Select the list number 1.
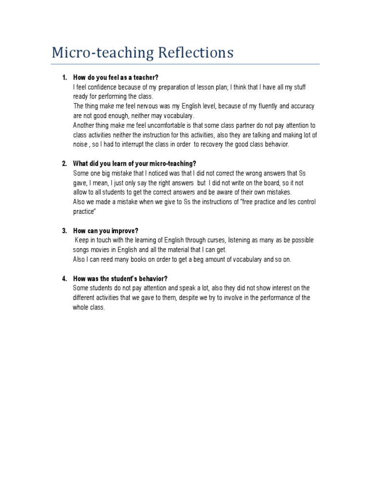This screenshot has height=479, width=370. tap(65, 78)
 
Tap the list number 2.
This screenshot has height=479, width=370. tap(65, 164)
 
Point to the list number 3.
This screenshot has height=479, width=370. tap(65, 231)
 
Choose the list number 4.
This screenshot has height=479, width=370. tap(65, 279)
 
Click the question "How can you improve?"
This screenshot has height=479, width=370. tap(106, 231)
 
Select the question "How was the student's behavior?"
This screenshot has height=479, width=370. tap(120, 279)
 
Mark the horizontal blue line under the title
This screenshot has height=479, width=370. tap(185, 64)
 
